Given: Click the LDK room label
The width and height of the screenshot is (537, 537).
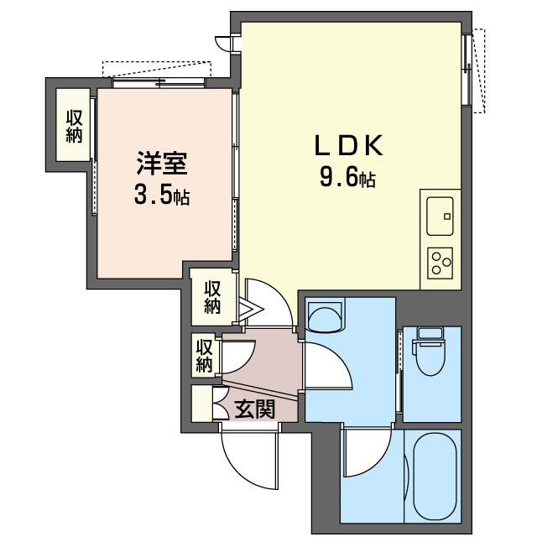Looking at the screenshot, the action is [x=348, y=146].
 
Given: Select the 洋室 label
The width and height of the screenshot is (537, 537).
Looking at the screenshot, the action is [x=162, y=163].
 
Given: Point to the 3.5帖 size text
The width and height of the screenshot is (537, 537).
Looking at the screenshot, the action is [x=162, y=196].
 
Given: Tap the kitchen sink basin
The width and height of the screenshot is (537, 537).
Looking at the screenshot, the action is [x=440, y=216].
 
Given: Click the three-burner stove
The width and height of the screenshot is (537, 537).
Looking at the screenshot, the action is [x=440, y=263].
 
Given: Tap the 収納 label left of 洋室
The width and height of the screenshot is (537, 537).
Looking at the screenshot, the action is [x=74, y=126].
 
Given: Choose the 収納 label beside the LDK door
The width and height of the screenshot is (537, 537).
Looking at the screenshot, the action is [x=212, y=297].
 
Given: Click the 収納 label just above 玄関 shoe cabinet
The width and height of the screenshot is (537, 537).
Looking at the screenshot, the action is [x=204, y=356].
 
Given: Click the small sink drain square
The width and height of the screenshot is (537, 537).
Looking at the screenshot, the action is [x=446, y=216].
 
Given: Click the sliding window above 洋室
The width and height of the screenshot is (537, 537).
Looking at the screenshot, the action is [x=159, y=83].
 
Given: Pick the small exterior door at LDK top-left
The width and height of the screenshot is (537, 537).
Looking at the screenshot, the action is [x=224, y=43].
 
